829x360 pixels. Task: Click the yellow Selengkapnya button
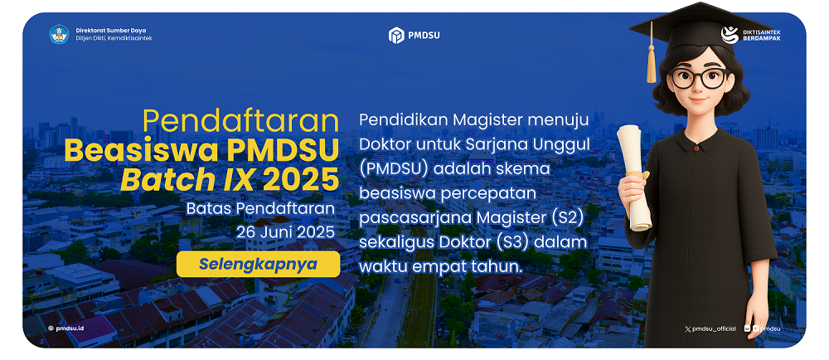(x=258, y=264)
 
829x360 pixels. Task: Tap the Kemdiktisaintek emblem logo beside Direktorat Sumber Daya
(x=59, y=34)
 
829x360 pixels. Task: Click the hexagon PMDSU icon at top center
(x=396, y=36)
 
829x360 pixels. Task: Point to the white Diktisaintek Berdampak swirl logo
(x=730, y=35)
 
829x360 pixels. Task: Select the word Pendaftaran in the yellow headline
(x=240, y=122)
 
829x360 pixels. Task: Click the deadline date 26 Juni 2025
(x=285, y=232)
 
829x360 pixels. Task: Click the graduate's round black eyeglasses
(x=699, y=78)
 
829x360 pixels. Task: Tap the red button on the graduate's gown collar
(x=696, y=150)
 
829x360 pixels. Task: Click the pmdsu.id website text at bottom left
(x=70, y=328)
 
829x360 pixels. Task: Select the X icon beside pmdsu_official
(x=688, y=328)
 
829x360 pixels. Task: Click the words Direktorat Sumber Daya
(x=111, y=30)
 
